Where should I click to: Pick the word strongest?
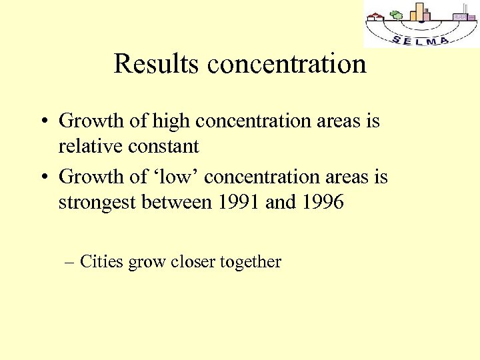point(97,202)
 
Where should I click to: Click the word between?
point(177,202)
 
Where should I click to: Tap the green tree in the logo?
point(397,15)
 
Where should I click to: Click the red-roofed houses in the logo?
point(377,16)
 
